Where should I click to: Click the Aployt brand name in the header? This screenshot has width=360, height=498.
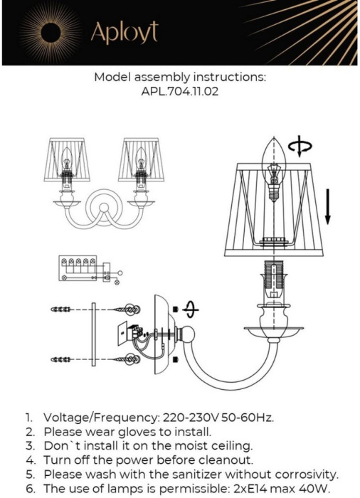pos(125,32)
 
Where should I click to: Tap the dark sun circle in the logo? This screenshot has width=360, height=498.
pos(51,33)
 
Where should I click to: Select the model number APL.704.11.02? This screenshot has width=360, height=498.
pos(180,92)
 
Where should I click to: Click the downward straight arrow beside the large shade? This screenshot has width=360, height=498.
pos(327,206)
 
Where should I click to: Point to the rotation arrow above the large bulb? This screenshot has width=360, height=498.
pos(300,147)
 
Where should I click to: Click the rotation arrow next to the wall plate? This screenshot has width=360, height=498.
pos(191,309)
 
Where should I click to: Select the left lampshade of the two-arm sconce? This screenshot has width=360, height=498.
pos(67,160)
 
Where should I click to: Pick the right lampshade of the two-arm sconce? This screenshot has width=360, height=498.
pos(142,160)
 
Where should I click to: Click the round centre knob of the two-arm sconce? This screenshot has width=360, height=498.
pos(104,208)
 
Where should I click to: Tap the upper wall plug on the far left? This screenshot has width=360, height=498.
pos(60,309)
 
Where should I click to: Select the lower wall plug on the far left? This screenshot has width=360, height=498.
pos(60,359)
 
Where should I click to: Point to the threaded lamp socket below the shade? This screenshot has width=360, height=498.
pos(274,279)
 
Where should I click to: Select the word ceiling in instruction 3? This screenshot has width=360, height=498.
pos(231,445)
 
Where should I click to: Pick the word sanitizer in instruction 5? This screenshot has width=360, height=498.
pos(196,475)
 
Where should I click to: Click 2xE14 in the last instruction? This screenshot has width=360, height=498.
pos(247,489)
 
